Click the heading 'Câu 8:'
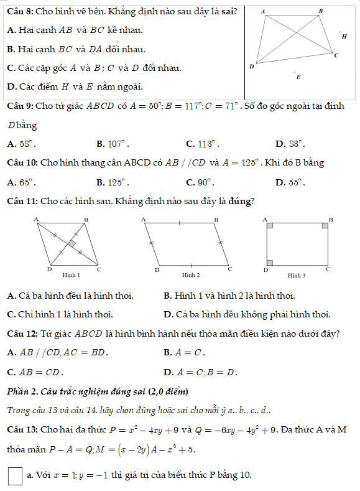[x=17, y=11]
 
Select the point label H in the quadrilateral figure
[x=344, y=37]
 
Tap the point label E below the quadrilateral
[x=298, y=77]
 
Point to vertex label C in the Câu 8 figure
[x=336, y=56]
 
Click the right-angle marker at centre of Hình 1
[x=73, y=243]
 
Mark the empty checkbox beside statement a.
[x=16, y=476]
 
